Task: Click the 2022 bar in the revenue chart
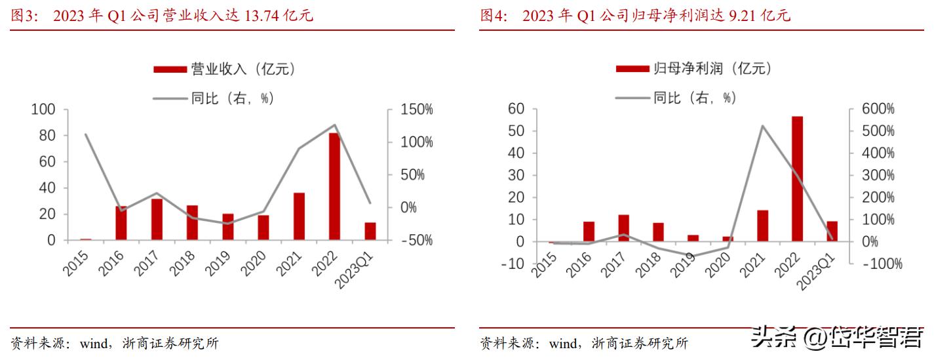[334, 186]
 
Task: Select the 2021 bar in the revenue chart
[299, 216]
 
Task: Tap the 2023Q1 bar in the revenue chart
[370, 231]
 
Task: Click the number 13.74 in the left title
[262, 16]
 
